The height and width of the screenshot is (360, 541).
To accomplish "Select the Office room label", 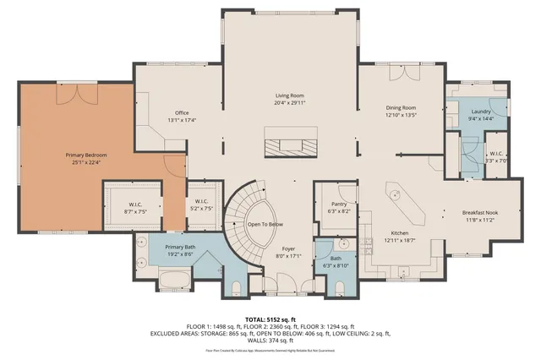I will (181, 112).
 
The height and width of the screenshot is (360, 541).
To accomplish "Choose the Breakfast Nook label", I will (480, 211).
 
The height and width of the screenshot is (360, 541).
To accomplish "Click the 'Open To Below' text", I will (265, 224).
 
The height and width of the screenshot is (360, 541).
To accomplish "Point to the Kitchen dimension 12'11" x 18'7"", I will (400, 240).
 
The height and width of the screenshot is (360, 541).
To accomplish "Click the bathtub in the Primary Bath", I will (177, 278).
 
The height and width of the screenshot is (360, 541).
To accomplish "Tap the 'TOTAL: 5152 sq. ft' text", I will (270, 319).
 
